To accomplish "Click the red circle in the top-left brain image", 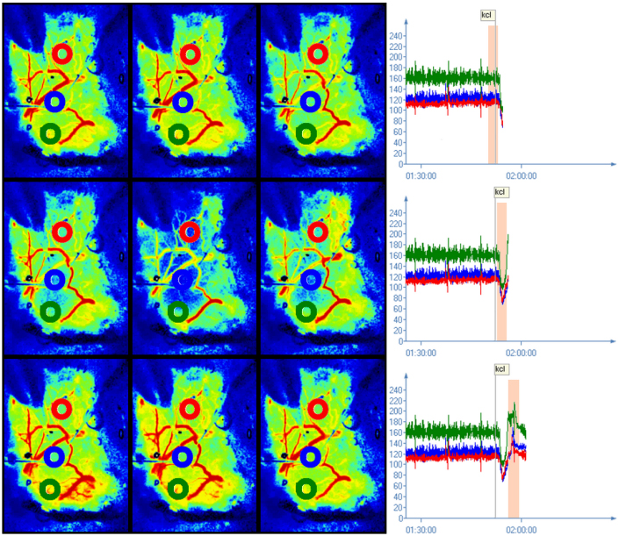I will pos(61,54).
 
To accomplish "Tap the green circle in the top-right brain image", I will pos(306,133).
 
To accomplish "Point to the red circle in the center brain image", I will pos(189,232).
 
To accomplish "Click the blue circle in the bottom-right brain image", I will pos(310,456).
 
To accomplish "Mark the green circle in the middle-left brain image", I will pos(50,311).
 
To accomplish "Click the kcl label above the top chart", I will pos(487,15).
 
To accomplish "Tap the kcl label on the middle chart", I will pos(500,192).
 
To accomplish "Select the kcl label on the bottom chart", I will pos(500,369).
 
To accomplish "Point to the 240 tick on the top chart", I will pos(396,36).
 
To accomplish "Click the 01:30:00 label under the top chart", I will pos(422,175).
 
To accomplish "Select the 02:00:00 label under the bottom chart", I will pos(522,529).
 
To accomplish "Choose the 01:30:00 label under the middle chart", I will pos(422,352).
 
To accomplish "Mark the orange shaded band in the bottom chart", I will pos(514,447).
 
